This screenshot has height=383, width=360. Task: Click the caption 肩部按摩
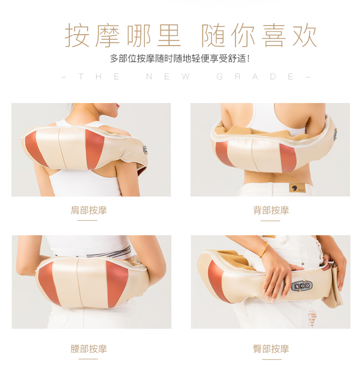click(x=89, y=210)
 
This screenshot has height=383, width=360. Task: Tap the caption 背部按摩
click(x=271, y=210)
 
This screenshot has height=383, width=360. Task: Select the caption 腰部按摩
click(x=89, y=348)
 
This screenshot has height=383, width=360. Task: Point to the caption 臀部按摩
click(x=271, y=348)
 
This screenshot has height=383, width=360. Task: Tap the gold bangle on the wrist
click(x=264, y=250)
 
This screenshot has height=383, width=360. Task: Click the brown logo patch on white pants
click(x=297, y=188)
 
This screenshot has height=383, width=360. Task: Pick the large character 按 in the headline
click(x=77, y=35)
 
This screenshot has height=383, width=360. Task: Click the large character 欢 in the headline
click(x=304, y=35)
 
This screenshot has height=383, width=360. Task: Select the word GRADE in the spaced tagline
click(x=255, y=77)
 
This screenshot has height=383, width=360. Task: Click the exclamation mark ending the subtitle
click(x=248, y=59)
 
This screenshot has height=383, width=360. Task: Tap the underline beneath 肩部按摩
click(x=87, y=221)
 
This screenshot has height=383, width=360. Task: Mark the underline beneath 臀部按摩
click(x=272, y=359)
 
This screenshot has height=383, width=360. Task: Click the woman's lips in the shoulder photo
click(x=118, y=106)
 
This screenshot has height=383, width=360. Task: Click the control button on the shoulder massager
click(x=145, y=150)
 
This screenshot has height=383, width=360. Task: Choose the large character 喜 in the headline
click(x=274, y=35)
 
